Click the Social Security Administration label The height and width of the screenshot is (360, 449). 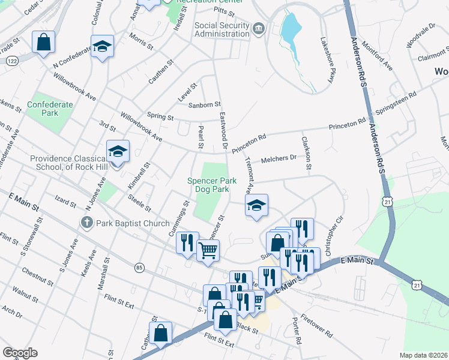click(221, 29)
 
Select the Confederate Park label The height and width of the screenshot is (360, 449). click(50, 109)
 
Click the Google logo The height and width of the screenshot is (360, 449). click(20, 353)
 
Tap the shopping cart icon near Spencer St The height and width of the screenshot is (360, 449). click(208, 250)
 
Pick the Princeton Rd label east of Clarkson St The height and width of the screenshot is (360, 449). click(346, 125)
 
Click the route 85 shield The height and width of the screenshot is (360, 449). click(139, 267)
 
